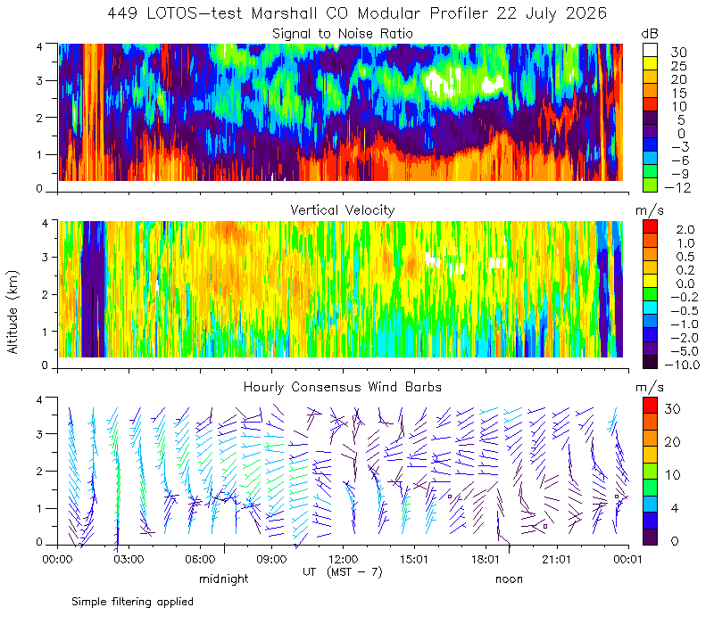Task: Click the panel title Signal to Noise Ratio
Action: pos(343,34)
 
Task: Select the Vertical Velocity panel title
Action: pos(343,210)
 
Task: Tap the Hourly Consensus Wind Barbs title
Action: pos(343,387)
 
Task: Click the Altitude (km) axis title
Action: pos(12,312)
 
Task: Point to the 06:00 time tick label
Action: pos(200,559)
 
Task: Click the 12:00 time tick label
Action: pos(343,559)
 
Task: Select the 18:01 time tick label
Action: pos(486,559)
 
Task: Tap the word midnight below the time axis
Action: pos(224,579)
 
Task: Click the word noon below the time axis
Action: pos(509,579)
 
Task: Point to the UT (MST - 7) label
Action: pos(343,571)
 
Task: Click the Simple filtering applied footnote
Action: pos(132,602)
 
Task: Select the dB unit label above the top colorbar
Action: pos(650,34)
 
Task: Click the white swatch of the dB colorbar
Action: pos(650,50)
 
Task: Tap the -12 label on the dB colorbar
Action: pos(677,187)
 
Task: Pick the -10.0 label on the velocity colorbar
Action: pos(682,365)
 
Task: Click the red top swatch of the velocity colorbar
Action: pos(650,227)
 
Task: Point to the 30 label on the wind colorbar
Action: pos(673,408)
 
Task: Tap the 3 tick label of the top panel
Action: pos(39,80)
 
